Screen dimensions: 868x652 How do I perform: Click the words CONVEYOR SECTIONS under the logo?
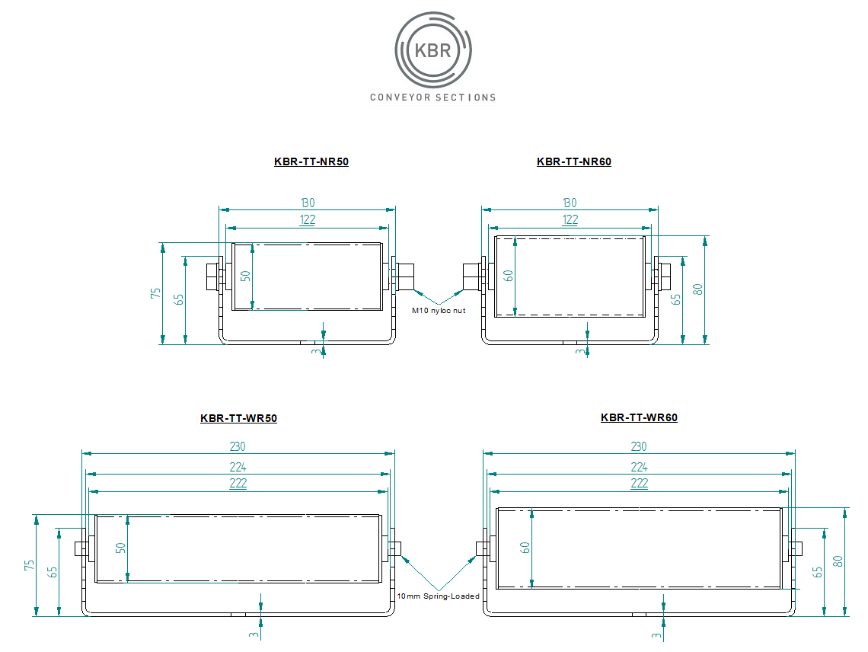click(x=433, y=97)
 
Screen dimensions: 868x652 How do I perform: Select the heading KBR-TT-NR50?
click(x=311, y=161)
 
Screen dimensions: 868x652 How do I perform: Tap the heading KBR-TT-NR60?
click(x=574, y=161)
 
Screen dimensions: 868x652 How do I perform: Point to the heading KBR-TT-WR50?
click(x=238, y=418)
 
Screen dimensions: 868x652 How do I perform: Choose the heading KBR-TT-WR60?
click(x=639, y=417)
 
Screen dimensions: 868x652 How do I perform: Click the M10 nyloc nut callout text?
click(x=439, y=311)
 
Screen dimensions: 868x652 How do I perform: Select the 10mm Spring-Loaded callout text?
click(x=439, y=596)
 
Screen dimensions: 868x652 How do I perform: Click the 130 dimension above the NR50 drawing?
click(x=308, y=203)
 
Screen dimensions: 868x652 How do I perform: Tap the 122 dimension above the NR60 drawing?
click(x=570, y=220)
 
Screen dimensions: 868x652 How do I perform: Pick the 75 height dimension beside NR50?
click(x=155, y=293)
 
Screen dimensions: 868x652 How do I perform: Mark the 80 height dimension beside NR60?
click(x=697, y=289)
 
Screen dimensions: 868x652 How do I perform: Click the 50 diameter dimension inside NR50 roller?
click(x=246, y=276)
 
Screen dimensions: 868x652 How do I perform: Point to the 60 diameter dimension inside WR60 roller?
click(x=525, y=548)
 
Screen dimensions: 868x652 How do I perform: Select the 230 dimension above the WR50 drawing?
click(x=238, y=446)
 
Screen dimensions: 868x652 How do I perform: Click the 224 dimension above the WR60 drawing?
click(x=639, y=467)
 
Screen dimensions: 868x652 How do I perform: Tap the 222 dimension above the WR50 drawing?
click(x=238, y=483)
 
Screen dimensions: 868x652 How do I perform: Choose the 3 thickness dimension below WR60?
click(x=656, y=635)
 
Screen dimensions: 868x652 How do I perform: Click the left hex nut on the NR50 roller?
click(x=212, y=276)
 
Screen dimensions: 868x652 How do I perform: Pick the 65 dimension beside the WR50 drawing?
click(x=53, y=572)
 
